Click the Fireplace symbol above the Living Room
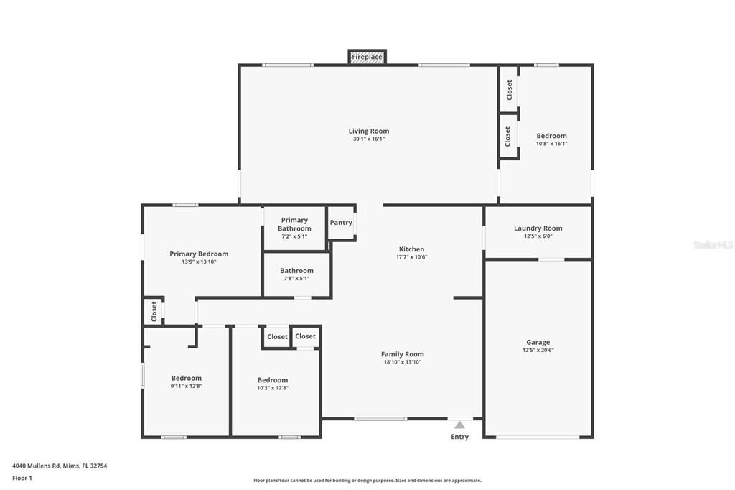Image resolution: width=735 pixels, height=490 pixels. [x=367, y=57]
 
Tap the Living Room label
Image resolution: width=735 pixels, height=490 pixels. [x=369, y=131]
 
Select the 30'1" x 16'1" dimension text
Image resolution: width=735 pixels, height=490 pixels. [x=369, y=139]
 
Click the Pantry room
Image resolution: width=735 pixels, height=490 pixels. [x=341, y=223]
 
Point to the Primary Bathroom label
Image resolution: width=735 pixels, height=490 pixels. [x=294, y=224]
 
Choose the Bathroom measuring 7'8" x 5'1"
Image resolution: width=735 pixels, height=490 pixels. [x=296, y=274]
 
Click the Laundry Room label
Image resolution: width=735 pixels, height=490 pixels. [x=538, y=228]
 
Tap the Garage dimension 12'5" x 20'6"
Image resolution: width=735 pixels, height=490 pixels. [x=538, y=351]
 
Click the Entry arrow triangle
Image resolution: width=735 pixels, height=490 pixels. [x=459, y=425]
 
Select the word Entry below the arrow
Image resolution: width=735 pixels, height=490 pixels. [x=459, y=437]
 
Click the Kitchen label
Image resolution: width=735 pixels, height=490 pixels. [x=411, y=249]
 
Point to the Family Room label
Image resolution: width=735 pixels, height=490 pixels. [x=402, y=354]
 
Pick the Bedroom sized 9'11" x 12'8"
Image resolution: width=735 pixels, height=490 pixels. [x=186, y=382]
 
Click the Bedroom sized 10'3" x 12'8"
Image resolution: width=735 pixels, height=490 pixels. [x=273, y=383]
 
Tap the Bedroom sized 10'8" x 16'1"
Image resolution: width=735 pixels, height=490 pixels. [x=551, y=139]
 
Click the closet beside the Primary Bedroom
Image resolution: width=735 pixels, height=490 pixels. [x=154, y=311]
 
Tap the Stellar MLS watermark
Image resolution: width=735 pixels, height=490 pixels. [x=713, y=245]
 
